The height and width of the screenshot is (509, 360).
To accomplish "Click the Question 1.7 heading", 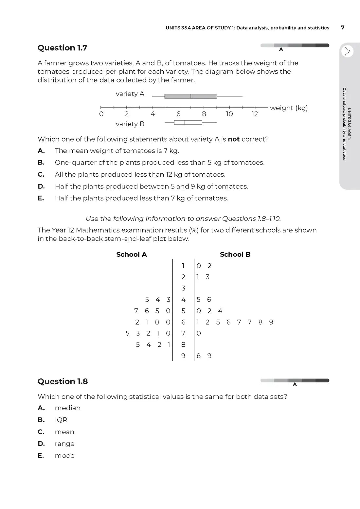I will [x=62, y=48].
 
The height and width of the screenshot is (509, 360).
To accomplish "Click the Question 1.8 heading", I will [x=63, y=381].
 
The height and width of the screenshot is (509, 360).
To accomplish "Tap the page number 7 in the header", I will [x=343, y=27].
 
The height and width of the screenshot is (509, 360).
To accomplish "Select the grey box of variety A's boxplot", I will [x=190, y=96].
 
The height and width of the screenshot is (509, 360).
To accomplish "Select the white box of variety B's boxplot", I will [x=188, y=123].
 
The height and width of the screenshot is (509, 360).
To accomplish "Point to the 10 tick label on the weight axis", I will [x=229, y=114].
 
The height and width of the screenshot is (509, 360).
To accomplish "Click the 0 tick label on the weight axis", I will [x=101, y=114].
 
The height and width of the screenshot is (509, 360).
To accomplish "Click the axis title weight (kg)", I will [x=289, y=108].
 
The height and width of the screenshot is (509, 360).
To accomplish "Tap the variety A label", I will [x=130, y=94].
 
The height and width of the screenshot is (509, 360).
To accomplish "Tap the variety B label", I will [x=130, y=124].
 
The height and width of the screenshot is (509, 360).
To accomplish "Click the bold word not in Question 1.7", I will [x=234, y=139].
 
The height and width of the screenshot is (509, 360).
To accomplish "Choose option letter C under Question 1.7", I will [x=41, y=174].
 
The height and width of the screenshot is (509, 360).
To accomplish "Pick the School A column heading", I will [x=132, y=254].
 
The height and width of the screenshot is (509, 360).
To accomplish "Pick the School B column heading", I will [x=235, y=254].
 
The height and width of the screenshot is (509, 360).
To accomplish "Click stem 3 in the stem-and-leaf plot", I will [x=183, y=288].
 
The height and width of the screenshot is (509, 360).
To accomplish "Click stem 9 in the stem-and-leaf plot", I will [x=183, y=356].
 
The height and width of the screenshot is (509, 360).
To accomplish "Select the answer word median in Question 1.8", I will [x=68, y=408].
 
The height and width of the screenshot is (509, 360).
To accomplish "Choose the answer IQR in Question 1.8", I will [x=61, y=420].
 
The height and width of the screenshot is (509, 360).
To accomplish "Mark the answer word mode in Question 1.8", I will [x=64, y=456].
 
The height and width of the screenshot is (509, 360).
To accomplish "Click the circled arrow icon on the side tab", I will [x=347, y=51].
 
